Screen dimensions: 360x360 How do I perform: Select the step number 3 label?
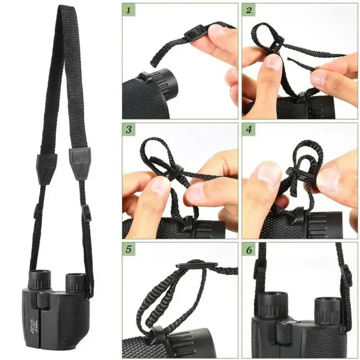tap(129, 130)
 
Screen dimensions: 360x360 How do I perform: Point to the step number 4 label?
tap(249, 130)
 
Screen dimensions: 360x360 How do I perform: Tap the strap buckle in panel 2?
tap(277, 44)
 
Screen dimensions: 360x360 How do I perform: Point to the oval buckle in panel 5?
tap(197, 265)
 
